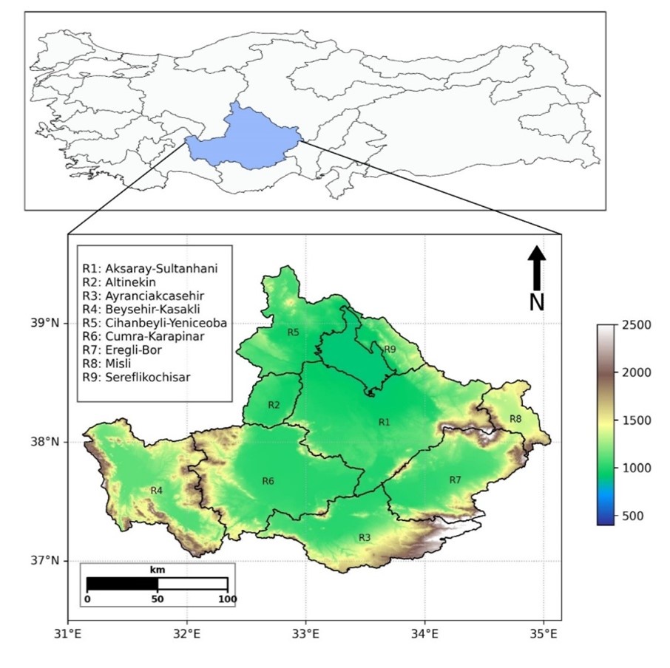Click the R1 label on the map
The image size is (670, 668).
click(x=384, y=422)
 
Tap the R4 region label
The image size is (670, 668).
click(x=156, y=491)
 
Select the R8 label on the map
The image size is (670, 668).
click(x=515, y=419)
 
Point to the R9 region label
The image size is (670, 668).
click(x=390, y=349)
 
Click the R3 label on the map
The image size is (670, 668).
click(x=364, y=537)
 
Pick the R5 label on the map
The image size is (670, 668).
click(x=293, y=333)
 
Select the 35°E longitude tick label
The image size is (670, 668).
click(x=543, y=634)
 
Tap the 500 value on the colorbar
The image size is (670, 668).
click(x=632, y=516)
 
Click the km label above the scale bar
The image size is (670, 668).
click(x=157, y=571)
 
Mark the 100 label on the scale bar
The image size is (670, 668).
click(x=226, y=599)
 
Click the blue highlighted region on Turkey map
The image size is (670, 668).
click(x=244, y=137)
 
